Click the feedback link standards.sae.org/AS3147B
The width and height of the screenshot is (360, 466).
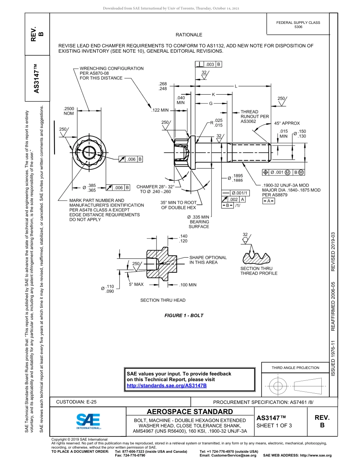166,385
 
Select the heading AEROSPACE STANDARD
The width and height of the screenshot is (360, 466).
190,412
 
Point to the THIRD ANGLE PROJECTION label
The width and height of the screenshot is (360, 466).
295,367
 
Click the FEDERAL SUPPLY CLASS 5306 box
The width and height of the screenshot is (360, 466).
298,25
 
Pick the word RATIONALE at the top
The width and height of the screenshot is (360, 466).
189,35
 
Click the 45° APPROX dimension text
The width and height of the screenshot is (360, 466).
287,123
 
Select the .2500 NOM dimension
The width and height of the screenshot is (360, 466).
69,111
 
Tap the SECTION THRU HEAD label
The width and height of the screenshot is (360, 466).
163,300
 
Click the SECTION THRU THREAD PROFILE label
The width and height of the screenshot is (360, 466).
259,271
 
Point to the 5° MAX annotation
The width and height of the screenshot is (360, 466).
136,284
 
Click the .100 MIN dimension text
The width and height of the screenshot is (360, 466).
188,285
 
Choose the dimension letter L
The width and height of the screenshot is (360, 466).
236,86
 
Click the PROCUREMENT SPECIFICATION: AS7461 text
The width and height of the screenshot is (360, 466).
263,402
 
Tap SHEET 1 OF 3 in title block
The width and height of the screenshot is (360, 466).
274,425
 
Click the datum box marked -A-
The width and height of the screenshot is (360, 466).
268,201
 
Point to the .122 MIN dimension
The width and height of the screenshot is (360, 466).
160,111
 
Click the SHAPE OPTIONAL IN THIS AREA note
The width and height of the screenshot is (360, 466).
208,260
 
